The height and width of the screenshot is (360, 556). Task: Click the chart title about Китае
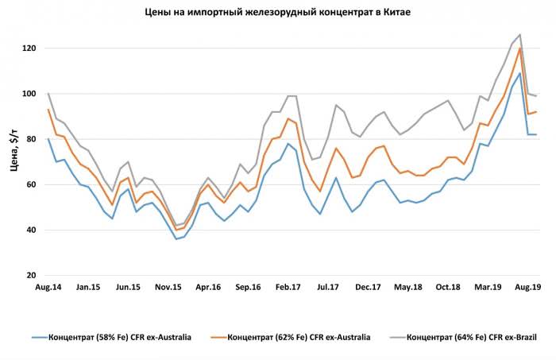click(278, 13)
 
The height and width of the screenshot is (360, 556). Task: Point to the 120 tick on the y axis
click(29, 48)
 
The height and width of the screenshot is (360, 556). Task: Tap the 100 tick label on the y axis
click(29, 94)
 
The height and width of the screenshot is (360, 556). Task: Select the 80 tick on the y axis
click(32, 139)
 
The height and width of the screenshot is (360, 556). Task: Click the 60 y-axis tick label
click(32, 184)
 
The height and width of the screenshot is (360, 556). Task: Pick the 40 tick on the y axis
click(32, 230)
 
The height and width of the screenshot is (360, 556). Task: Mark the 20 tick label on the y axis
click(32, 276)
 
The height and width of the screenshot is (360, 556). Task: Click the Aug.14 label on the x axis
click(48, 287)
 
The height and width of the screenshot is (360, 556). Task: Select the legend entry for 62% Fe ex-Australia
click(295, 338)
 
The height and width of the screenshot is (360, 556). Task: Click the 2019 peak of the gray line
click(519, 35)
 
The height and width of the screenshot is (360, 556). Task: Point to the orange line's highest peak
click(519, 48)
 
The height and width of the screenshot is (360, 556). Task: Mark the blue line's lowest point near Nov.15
click(176, 238)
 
